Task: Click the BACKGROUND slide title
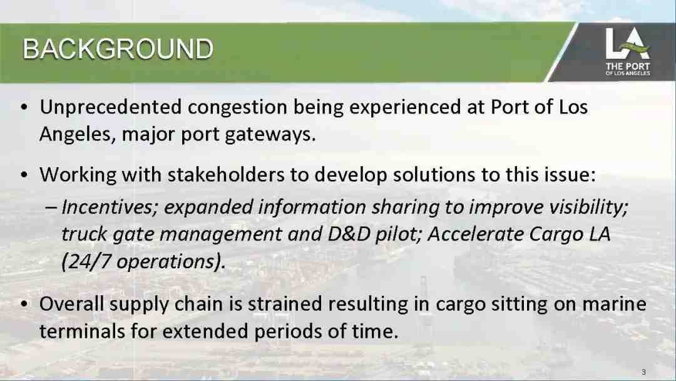click(x=118, y=49)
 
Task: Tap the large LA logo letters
click(x=627, y=43)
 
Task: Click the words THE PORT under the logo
click(x=628, y=66)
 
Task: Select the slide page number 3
click(x=643, y=372)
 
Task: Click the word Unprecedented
click(x=110, y=107)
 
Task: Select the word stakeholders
click(x=226, y=175)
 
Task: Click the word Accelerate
click(x=475, y=234)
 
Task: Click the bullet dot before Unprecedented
click(x=24, y=108)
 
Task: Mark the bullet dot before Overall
click(x=24, y=305)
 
